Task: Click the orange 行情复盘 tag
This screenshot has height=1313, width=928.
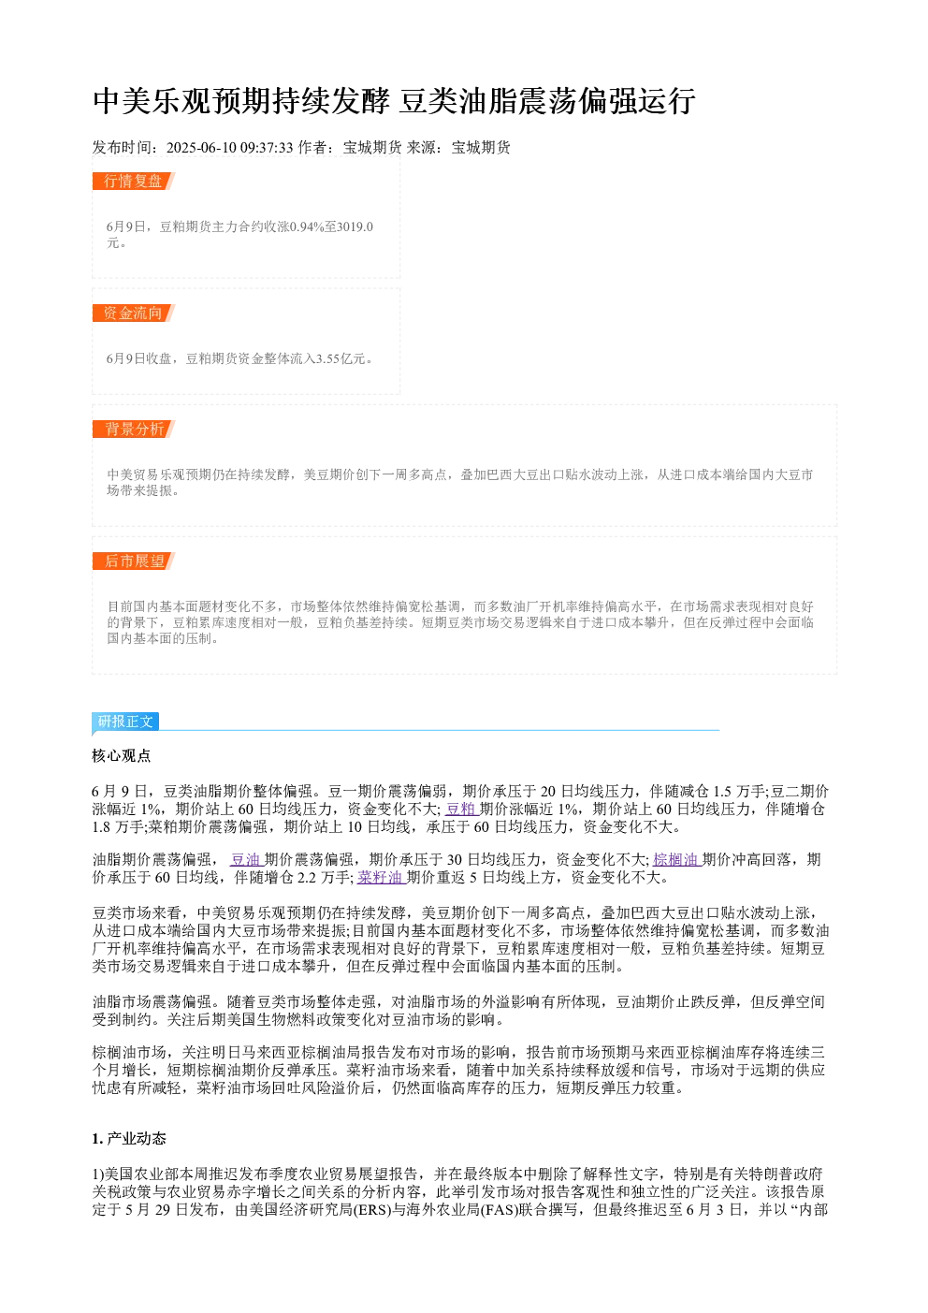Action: tap(133, 182)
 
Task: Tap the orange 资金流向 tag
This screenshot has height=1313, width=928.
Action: tap(133, 313)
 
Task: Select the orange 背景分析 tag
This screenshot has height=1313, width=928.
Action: tap(133, 429)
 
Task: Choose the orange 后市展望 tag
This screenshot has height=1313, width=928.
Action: tap(133, 561)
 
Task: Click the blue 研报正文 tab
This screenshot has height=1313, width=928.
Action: tap(125, 721)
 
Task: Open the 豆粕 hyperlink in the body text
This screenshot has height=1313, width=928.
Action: tap(461, 809)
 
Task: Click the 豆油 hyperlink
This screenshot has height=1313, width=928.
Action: tap(246, 859)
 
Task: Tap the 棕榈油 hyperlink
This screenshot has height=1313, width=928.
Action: tap(676, 859)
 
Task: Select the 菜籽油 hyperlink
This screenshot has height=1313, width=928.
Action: tap(381, 877)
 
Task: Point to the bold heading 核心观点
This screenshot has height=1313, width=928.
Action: tap(122, 756)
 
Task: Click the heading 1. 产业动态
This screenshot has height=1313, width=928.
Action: tap(129, 1138)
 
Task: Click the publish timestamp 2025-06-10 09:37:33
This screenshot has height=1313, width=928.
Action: tap(229, 147)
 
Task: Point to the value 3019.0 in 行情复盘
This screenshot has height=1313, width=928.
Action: tap(355, 226)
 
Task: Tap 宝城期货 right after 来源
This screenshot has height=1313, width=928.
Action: tap(481, 147)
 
